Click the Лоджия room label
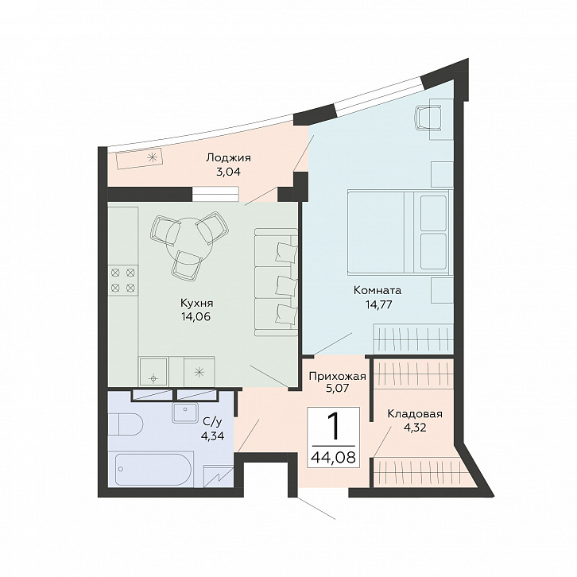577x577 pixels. pos(228,158)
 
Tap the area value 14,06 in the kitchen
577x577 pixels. pos(196,316)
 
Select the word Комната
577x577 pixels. pos(378,290)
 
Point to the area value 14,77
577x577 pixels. pos(378,304)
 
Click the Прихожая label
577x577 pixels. pos(338,377)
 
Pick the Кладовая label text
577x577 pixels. pos(415,414)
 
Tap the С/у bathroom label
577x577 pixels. pos(212,422)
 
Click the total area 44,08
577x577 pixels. pos(333,458)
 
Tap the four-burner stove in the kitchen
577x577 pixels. pos(123,280)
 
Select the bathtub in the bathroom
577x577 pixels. pos(153,468)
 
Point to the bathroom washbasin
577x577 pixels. pos(185,412)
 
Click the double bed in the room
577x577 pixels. pos(399,232)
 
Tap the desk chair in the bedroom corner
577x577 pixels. pos(428,118)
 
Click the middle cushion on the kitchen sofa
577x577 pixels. pos(286,285)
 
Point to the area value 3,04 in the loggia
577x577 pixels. pos(228,172)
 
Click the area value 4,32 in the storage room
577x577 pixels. pos(414,428)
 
